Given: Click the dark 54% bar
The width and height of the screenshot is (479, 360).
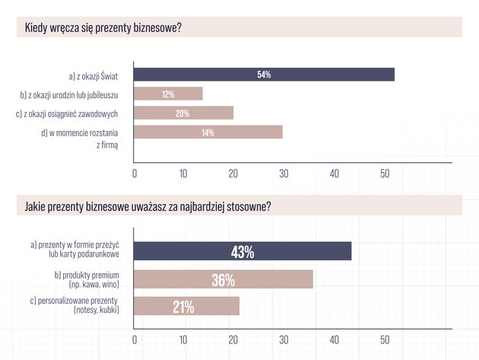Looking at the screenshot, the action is pyautogui.click(x=264, y=75).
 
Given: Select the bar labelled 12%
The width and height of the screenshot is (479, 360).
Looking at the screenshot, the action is pyautogui.click(x=168, y=94).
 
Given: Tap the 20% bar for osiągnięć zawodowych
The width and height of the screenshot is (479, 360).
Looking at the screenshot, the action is pyautogui.click(x=183, y=113).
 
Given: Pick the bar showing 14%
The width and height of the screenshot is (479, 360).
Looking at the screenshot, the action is pyautogui.click(x=208, y=132).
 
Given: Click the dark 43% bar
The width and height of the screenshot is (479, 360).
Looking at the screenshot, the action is pyautogui.click(x=243, y=251).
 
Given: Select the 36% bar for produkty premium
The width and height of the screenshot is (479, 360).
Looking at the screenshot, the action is pyautogui.click(x=224, y=279).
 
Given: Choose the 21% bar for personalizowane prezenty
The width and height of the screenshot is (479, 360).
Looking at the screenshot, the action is pyautogui.click(x=186, y=306).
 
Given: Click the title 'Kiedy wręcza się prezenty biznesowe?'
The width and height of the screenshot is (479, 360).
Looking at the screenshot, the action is pyautogui.click(x=103, y=28).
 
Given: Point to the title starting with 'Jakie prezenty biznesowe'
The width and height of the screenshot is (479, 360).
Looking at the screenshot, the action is pyautogui.click(x=148, y=206).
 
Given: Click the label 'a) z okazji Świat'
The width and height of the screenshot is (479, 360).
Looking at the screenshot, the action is pyautogui.click(x=94, y=76).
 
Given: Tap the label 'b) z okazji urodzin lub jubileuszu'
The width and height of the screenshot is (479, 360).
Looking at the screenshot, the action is pyautogui.click(x=69, y=95).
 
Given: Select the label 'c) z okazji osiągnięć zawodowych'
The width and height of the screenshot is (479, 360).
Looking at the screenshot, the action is pyautogui.click(x=67, y=113).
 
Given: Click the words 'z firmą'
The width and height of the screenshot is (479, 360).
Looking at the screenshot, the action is pyautogui.click(x=107, y=145).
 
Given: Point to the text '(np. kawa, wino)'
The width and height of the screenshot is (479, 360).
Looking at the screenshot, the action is pyautogui.click(x=94, y=285).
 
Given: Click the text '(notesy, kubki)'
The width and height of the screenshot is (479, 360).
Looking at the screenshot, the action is pyautogui.click(x=97, y=310).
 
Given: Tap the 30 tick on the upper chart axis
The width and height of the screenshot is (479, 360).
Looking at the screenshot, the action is pyautogui.click(x=284, y=174).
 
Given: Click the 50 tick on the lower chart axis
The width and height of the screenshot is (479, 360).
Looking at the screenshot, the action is pyautogui.click(x=385, y=339).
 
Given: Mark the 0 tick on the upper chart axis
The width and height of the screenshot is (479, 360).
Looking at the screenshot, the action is pyautogui.click(x=135, y=174).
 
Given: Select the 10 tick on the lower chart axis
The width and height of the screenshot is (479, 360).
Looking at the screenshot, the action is pyautogui.click(x=183, y=339).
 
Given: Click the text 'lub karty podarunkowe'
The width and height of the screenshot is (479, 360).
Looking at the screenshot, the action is pyautogui.click(x=84, y=254).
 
